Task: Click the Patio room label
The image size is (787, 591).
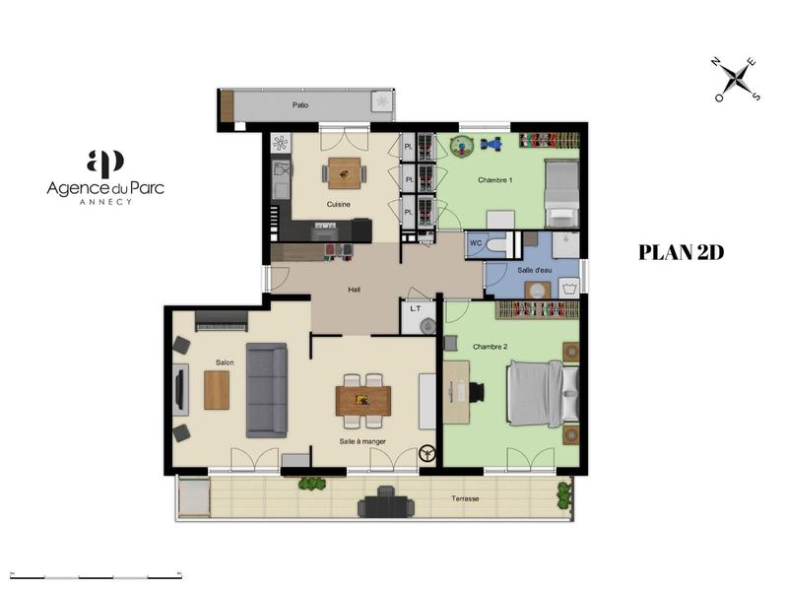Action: [300, 103]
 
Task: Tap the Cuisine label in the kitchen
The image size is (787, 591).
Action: [340, 205]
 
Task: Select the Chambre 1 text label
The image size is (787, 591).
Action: [494, 180]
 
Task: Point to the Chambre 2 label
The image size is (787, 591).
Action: [490, 347]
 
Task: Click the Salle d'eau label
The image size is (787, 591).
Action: [534, 269]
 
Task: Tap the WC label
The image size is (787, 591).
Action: [475, 242]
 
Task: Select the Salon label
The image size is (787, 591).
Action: [225, 362]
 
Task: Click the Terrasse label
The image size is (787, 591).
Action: [464, 498]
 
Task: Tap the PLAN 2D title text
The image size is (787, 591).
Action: [682, 252]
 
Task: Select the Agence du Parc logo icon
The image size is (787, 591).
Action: [104, 163]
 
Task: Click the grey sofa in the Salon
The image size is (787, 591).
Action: [266, 390]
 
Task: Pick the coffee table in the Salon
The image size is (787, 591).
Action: [217, 389]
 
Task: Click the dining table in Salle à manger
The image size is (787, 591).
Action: [362, 399]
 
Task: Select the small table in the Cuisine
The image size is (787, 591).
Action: [345, 173]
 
